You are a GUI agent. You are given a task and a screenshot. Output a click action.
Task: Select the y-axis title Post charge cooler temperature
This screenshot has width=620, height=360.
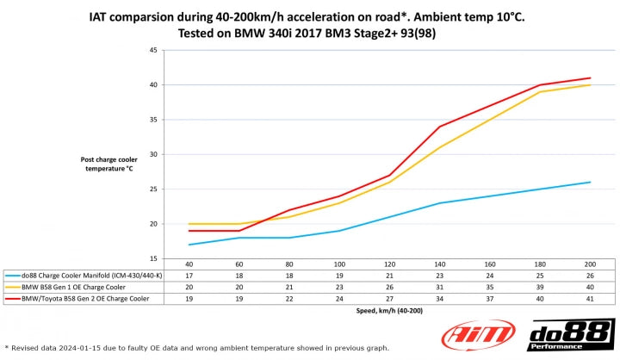click(108, 164)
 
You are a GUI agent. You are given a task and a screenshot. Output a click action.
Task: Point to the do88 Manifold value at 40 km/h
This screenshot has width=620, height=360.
click(188, 275)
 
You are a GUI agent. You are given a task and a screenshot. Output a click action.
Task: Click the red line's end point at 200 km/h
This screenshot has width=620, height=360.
click(590, 78)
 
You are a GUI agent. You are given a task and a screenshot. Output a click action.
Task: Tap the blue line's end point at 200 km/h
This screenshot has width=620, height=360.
click(590, 183)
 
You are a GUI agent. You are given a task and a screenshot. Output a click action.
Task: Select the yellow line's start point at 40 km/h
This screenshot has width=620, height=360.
click(189, 224)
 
